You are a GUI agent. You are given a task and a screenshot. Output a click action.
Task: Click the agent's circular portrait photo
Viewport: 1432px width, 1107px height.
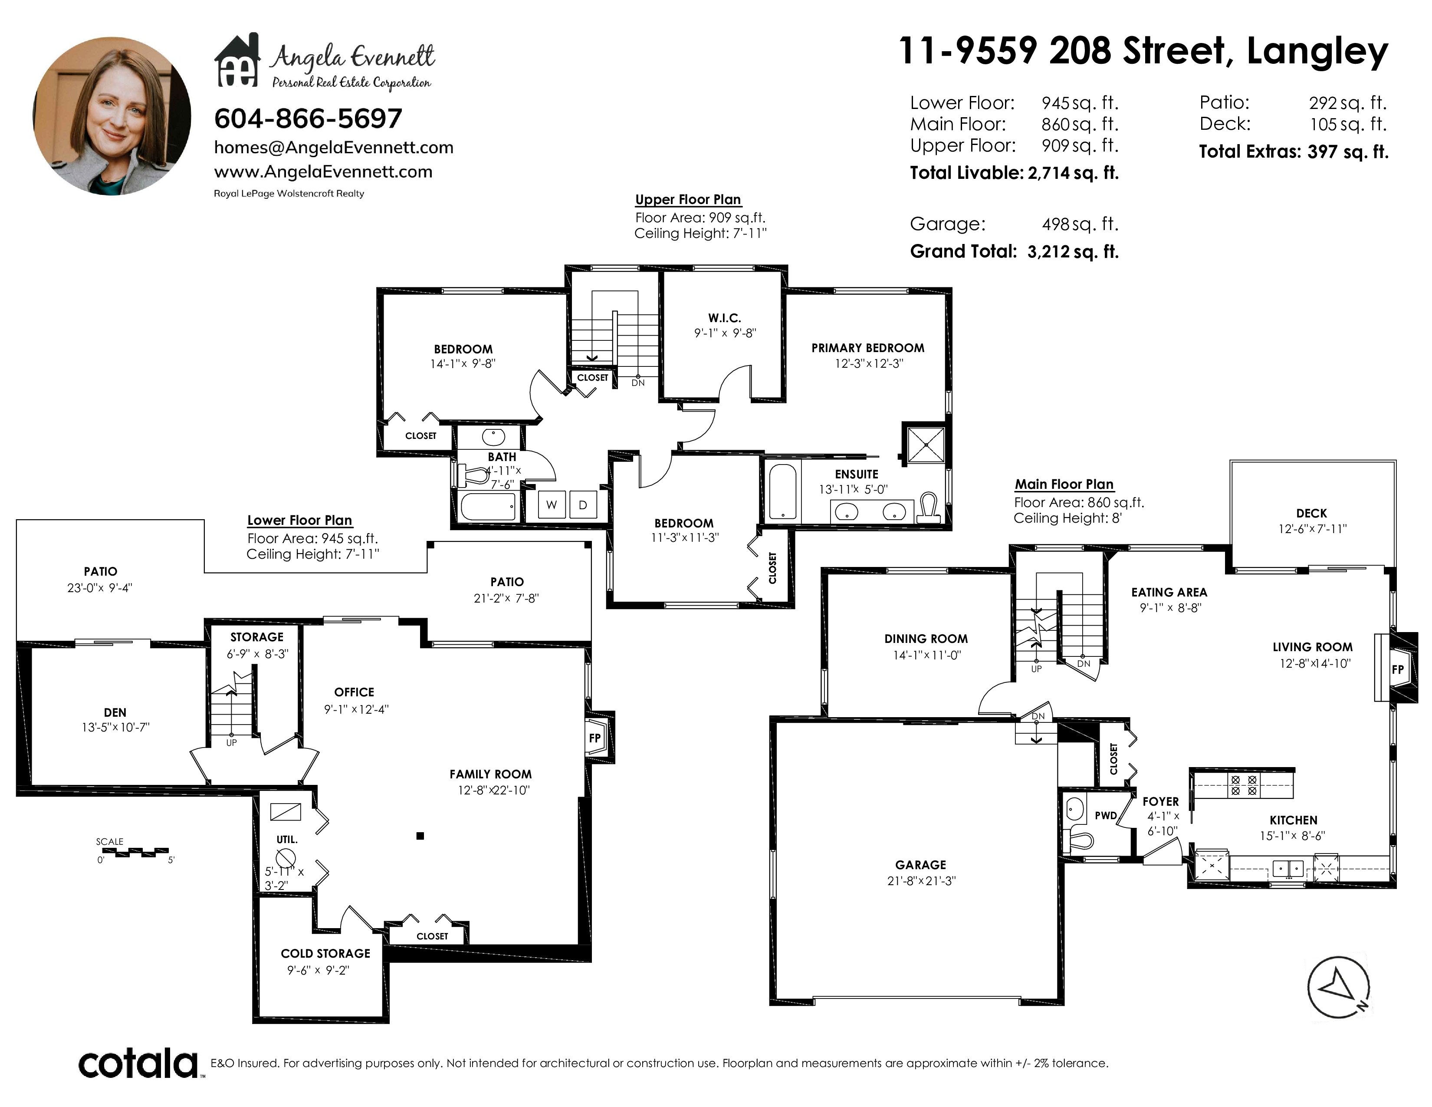tap(112, 116)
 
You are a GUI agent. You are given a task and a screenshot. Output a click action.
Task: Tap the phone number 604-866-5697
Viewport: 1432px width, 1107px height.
tap(308, 119)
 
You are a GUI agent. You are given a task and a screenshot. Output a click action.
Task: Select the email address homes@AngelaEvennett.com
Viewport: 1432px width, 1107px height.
tap(334, 148)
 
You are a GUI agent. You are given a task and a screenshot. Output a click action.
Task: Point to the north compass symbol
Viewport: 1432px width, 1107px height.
tap(1338, 988)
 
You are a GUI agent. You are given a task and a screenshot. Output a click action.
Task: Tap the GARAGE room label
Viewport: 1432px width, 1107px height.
tap(920, 865)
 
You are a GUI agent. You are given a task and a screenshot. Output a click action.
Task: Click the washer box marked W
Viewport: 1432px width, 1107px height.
tap(552, 505)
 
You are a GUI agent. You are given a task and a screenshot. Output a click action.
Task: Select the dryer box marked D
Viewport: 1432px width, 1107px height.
tap(583, 505)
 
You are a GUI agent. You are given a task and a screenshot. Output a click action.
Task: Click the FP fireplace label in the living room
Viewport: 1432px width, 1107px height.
tap(1398, 669)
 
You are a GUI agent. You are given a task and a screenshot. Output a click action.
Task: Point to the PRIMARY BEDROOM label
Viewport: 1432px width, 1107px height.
tap(867, 348)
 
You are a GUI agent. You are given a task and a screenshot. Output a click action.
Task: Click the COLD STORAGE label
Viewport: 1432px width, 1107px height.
tap(325, 954)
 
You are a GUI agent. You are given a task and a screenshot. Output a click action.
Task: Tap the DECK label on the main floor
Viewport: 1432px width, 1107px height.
tap(1311, 514)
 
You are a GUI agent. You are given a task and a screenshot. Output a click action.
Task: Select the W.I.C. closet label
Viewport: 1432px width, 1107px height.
tap(725, 318)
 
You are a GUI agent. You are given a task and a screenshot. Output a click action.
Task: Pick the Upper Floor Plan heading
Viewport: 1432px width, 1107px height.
tap(688, 199)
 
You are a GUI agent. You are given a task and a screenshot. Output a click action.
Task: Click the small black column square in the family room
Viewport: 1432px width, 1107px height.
tap(420, 836)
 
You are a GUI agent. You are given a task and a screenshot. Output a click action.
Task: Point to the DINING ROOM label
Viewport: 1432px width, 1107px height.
tap(926, 639)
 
